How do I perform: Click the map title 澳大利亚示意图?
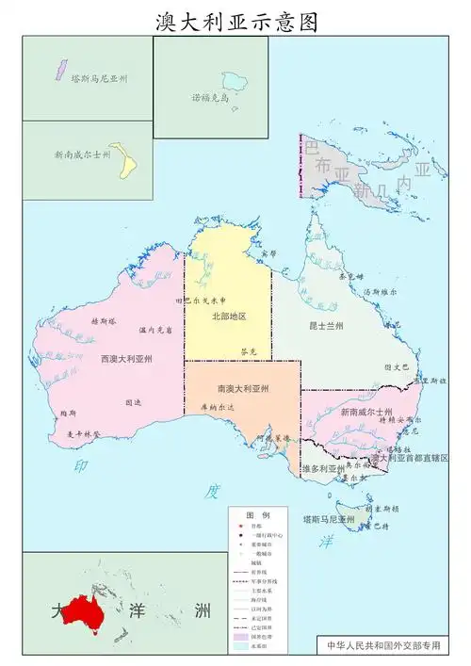(x=235, y=20)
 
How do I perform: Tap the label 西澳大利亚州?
(x=126, y=359)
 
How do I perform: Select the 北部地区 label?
(x=228, y=317)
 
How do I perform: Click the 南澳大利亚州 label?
(x=243, y=388)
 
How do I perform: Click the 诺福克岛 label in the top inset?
(x=211, y=97)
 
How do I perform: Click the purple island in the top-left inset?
(x=56, y=70)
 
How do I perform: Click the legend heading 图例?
(x=257, y=515)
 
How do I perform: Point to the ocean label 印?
(x=82, y=465)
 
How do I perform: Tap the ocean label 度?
(x=213, y=492)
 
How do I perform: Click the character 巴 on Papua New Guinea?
(x=312, y=148)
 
